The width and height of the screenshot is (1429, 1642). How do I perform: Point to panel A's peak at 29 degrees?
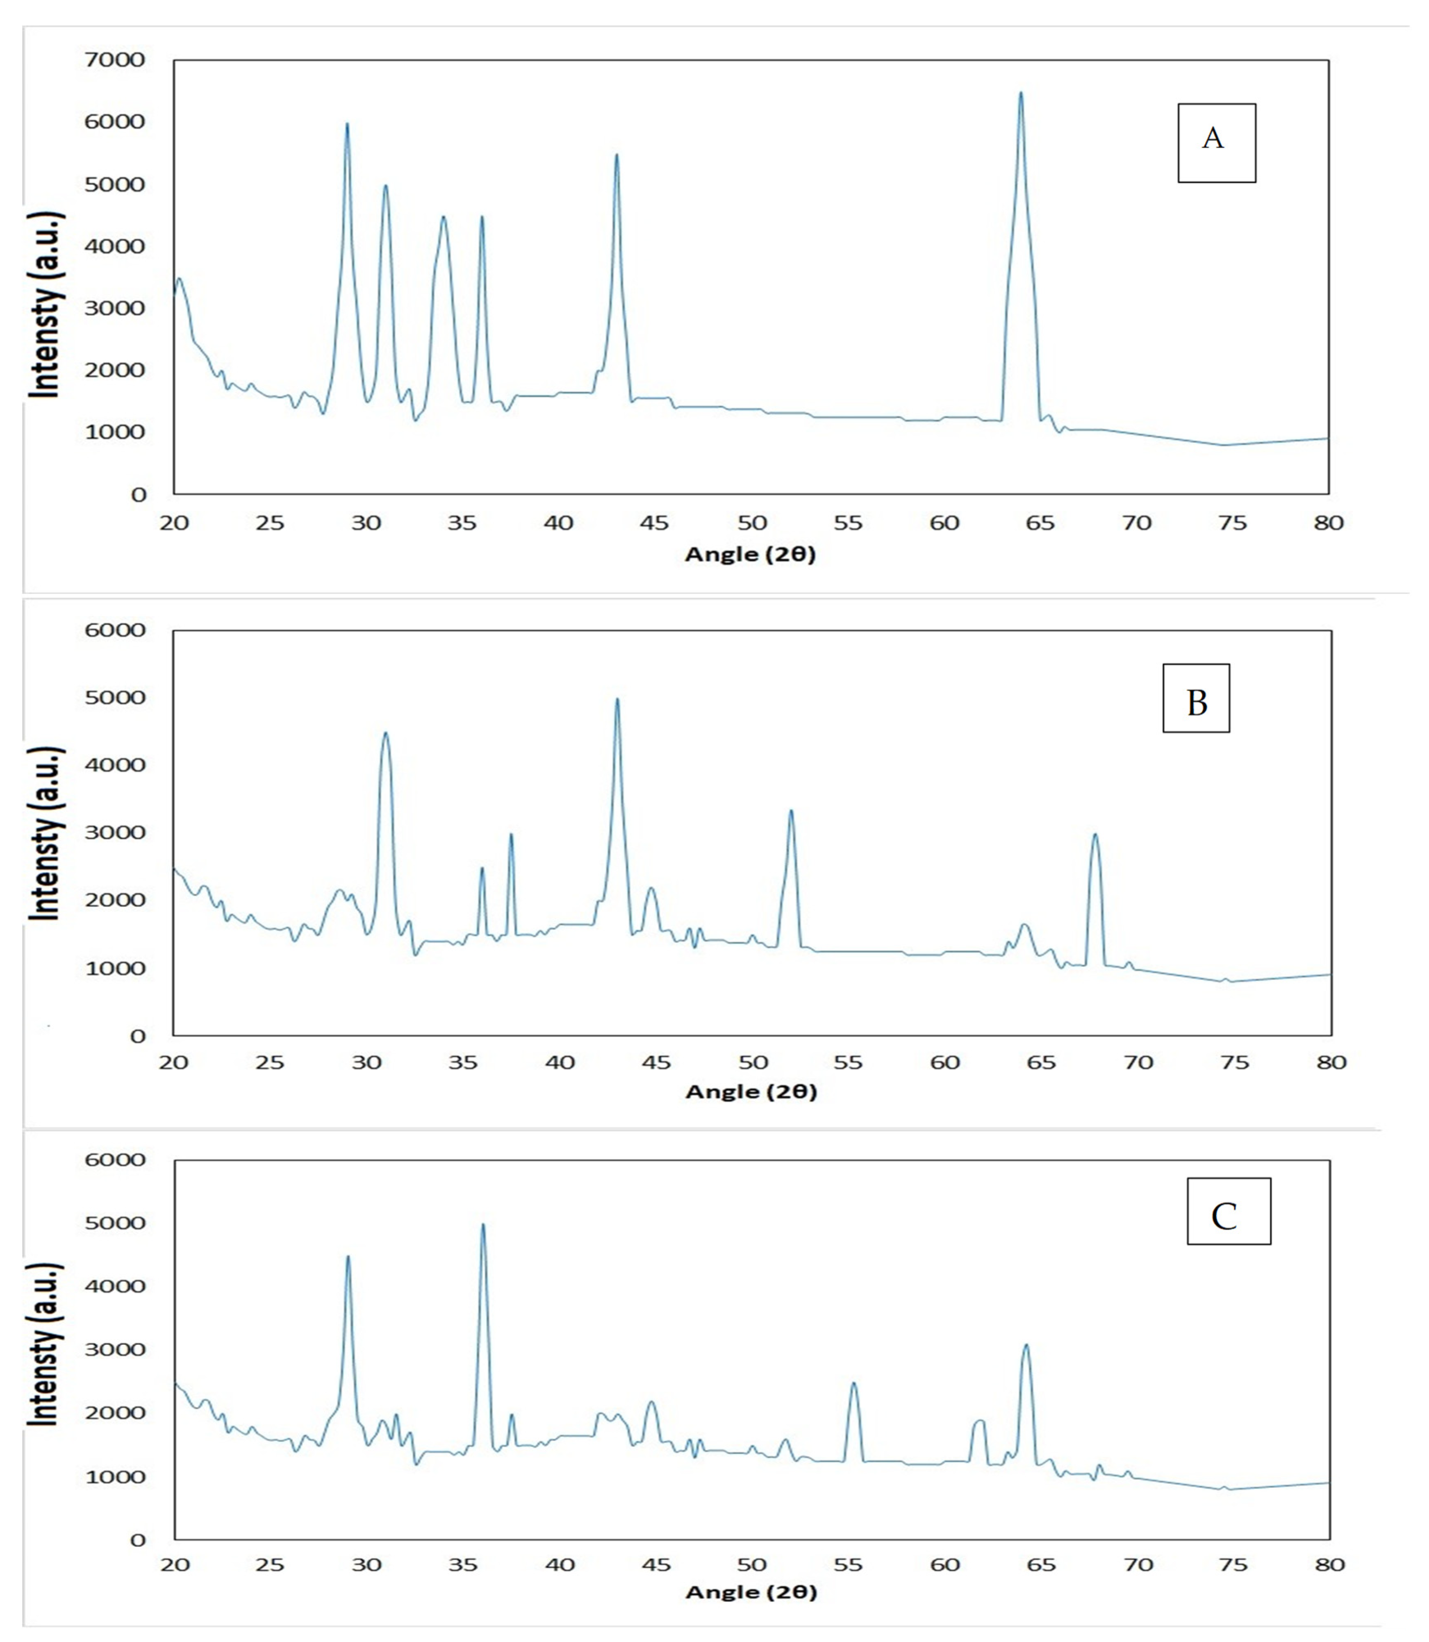coord(347,125)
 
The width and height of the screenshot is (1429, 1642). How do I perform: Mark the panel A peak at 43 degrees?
coord(617,155)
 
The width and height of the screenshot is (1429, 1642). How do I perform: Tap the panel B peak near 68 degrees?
coord(1095,835)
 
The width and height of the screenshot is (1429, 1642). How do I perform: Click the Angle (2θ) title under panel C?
coord(751,1592)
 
